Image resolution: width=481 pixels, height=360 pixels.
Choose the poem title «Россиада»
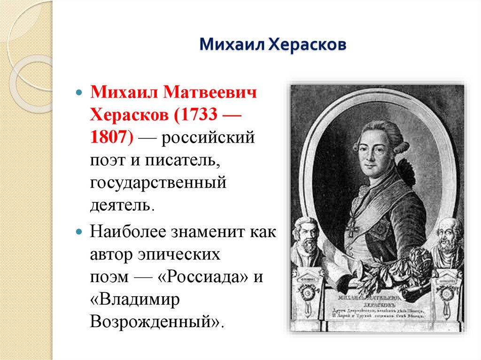point(205,277)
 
